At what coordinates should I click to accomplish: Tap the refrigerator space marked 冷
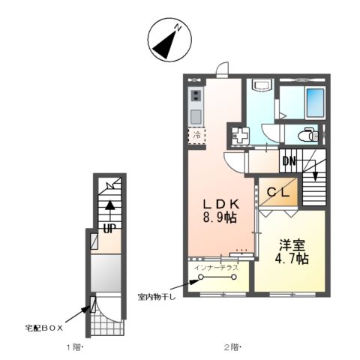click(x=196, y=136)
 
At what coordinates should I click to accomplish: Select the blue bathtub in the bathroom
click(x=314, y=101)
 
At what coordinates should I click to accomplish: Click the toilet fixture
click(x=308, y=136)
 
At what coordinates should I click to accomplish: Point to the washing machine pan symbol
click(x=241, y=136)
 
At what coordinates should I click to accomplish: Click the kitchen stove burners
click(x=196, y=95)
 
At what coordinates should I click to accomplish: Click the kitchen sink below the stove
click(x=196, y=116)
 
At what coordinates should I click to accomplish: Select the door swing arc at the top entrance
click(x=222, y=71)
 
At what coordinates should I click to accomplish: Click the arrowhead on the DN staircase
click(x=315, y=178)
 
